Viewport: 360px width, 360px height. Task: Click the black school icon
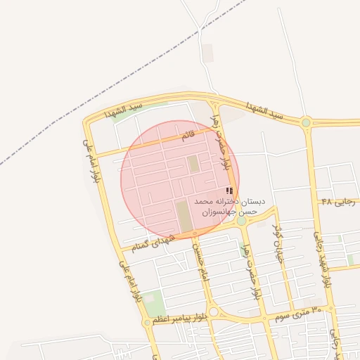click(229, 191)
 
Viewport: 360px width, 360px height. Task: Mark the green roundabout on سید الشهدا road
click(306, 123)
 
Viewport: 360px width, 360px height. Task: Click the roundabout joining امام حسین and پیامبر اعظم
click(214, 312)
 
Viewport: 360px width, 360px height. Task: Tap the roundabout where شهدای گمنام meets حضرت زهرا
click(241, 221)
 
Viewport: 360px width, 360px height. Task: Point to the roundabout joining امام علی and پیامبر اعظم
click(147, 323)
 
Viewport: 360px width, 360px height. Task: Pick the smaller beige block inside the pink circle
click(193, 164)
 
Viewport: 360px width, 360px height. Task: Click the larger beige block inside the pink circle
click(184, 216)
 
